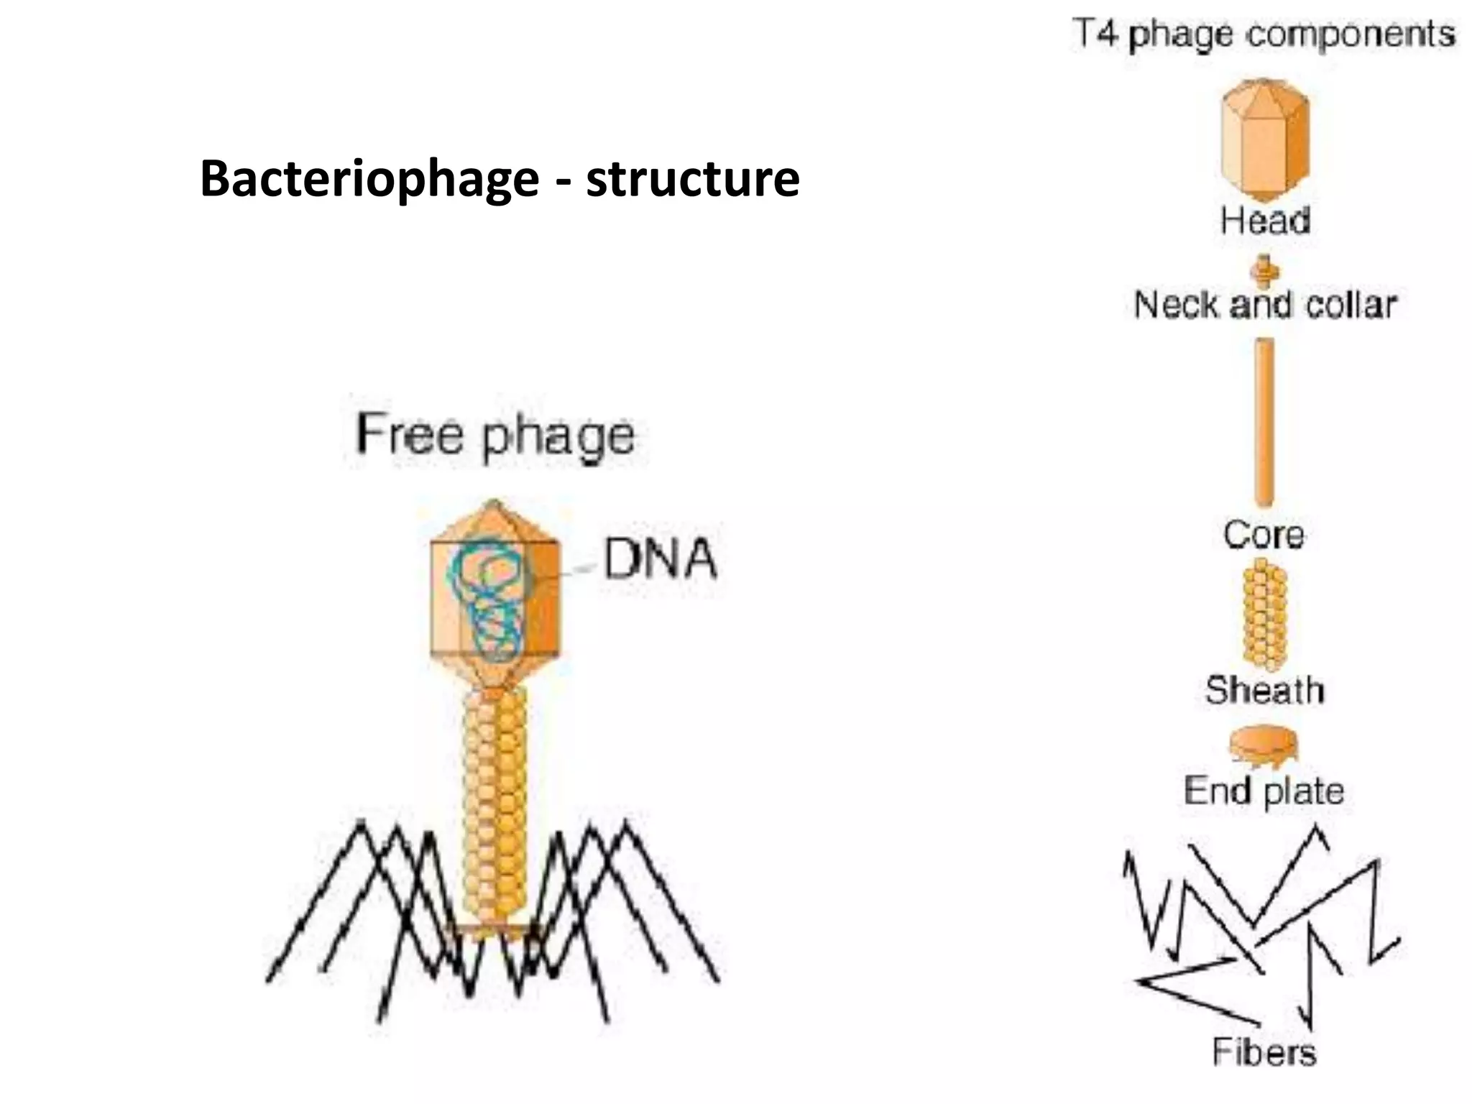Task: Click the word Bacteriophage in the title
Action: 369,178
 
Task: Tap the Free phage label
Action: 495,436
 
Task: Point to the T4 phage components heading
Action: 1264,34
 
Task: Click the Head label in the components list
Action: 1265,220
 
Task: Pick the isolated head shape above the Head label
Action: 1265,140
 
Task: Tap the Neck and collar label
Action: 1265,305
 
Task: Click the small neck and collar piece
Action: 1265,271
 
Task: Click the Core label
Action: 1264,535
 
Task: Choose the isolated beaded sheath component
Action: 1264,616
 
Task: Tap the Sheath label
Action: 1264,690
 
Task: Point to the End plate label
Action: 1264,791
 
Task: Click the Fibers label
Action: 1264,1052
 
